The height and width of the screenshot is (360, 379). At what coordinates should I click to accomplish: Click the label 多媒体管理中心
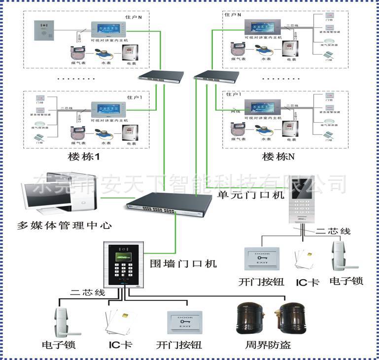click(x=64, y=226)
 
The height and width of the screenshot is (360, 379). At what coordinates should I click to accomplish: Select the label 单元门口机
click(x=251, y=195)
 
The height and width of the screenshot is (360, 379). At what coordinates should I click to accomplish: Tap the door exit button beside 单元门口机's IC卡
click(x=261, y=260)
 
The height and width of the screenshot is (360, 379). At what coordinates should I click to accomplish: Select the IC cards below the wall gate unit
click(x=119, y=323)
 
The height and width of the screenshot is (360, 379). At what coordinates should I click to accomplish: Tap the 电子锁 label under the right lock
click(x=346, y=281)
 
